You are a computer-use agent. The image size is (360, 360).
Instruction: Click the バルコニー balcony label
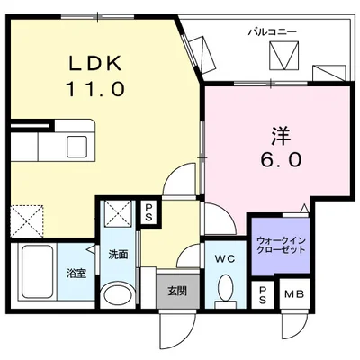[x=273, y=32]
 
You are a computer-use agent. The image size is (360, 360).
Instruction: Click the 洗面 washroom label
[x=119, y=255]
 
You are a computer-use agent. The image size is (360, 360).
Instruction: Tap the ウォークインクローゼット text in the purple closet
[x=278, y=246]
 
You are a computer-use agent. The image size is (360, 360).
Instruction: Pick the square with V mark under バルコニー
[x=284, y=58]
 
